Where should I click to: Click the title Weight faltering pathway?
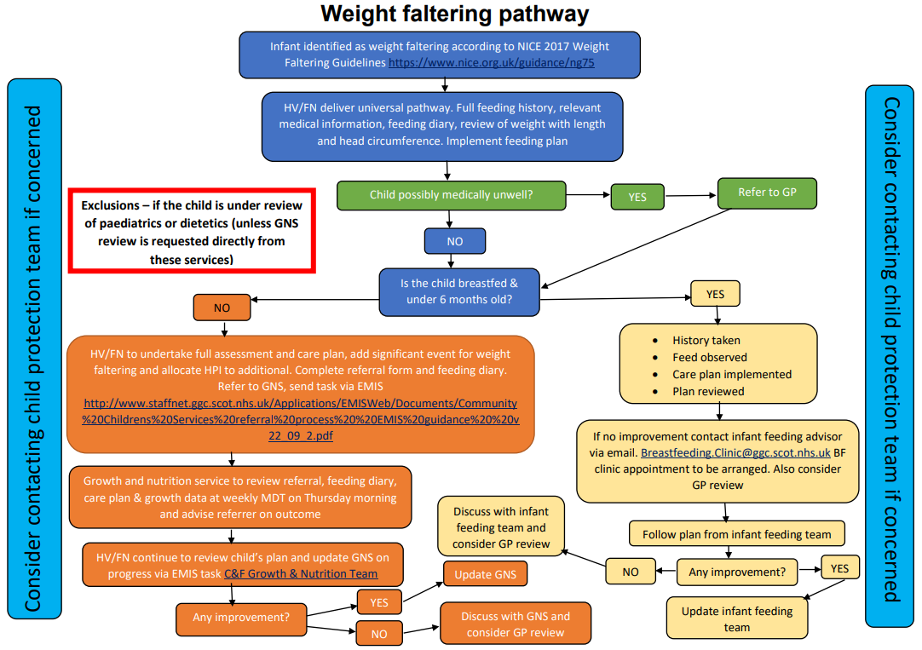point(454,14)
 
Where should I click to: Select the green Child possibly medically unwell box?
point(451,195)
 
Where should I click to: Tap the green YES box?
point(637,197)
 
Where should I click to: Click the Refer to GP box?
point(767,193)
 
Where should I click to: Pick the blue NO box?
point(455,241)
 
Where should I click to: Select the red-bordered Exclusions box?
point(192,233)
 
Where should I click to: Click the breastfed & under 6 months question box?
point(458,291)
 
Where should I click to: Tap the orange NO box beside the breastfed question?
point(222,308)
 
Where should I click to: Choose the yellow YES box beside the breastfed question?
point(715,294)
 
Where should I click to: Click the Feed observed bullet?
point(709,358)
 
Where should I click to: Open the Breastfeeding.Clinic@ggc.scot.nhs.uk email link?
point(735,452)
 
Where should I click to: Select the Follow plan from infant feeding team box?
point(736,534)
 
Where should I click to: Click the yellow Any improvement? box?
point(736,572)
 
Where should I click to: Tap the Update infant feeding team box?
point(736,618)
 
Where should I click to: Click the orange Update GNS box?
point(485,574)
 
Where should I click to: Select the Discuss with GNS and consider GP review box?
point(515,624)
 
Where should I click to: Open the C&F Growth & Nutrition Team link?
point(313,573)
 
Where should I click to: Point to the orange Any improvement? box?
point(240,617)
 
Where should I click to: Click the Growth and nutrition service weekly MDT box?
point(239,497)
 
